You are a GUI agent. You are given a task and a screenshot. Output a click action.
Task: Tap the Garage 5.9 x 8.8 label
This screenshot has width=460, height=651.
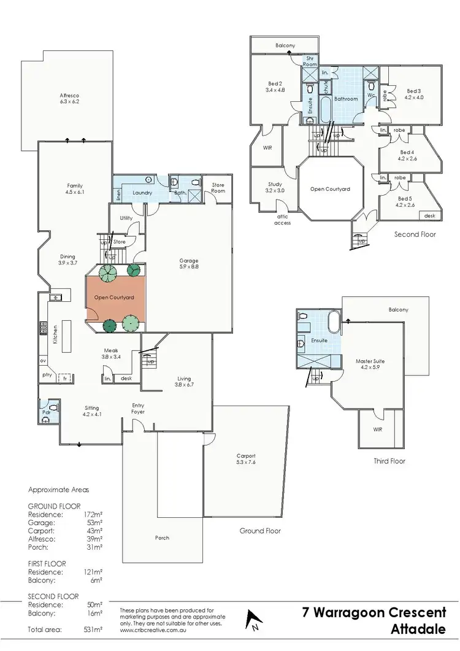tap(188, 264)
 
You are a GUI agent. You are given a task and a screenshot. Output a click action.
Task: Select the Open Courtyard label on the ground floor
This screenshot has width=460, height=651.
tap(114, 298)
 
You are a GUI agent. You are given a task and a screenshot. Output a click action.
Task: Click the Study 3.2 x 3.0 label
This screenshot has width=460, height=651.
tap(275, 188)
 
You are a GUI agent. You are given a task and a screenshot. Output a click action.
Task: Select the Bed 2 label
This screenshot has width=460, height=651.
tap(275, 87)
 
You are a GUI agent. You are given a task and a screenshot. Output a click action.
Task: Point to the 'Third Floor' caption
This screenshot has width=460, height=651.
tap(389, 461)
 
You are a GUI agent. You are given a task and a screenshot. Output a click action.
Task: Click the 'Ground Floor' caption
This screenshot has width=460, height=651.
tap(260, 531)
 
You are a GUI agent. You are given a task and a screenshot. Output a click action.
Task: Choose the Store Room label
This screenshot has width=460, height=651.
tap(218, 187)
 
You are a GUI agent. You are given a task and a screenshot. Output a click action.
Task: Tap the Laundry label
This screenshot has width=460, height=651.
tap(142, 192)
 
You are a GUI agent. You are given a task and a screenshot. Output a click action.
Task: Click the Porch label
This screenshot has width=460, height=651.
tap(162, 538)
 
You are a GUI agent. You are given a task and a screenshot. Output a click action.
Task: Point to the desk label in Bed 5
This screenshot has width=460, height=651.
tap(429, 216)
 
